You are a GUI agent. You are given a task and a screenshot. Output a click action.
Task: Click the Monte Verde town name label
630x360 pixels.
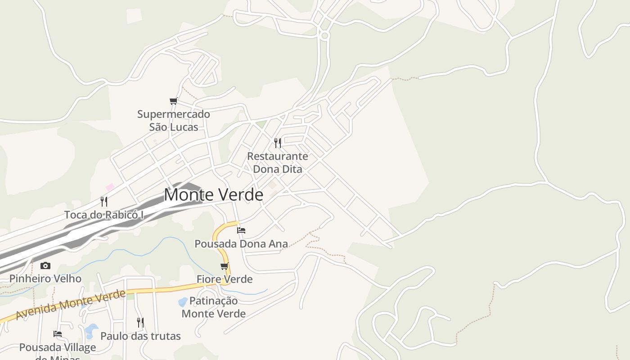[213, 195]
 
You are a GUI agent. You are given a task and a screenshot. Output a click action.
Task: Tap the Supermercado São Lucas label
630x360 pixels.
[174, 121]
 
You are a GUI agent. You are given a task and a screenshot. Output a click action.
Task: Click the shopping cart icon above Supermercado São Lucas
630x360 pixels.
[173, 101]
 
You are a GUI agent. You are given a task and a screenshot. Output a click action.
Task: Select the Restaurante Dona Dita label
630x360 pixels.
[278, 162]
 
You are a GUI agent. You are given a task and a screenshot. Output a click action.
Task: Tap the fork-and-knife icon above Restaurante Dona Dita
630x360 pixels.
[278, 143]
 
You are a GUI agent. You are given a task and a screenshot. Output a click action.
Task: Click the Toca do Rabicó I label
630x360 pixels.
[104, 215]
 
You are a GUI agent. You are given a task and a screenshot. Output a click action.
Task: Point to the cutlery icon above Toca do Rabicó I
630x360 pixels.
[104, 201]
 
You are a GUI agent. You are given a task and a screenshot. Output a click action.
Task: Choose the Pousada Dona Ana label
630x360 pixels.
[241, 244]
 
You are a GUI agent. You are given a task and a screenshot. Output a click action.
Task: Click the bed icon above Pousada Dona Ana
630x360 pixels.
[241, 230]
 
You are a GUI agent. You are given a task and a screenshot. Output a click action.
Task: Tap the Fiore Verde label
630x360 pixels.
[225, 279]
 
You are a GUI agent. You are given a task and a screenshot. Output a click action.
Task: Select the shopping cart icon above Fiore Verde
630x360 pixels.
[225, 266]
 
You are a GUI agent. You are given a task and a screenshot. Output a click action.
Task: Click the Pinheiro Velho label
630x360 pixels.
[45, 279]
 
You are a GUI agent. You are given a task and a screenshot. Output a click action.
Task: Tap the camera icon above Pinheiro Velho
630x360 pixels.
[45, 265]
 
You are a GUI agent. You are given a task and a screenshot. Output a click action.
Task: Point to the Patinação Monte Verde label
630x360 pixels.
[214, 307]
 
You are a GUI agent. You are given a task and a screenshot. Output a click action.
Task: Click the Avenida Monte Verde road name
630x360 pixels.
[71, 305]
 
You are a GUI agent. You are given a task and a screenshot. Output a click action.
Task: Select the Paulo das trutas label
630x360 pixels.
[140, 336]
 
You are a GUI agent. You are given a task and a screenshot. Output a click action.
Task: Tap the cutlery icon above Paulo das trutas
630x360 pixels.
[140, 322]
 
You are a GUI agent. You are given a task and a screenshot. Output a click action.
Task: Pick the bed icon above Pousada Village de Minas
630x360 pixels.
[58, 334]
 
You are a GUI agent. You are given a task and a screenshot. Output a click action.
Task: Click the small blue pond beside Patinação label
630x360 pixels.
[183, 301]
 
